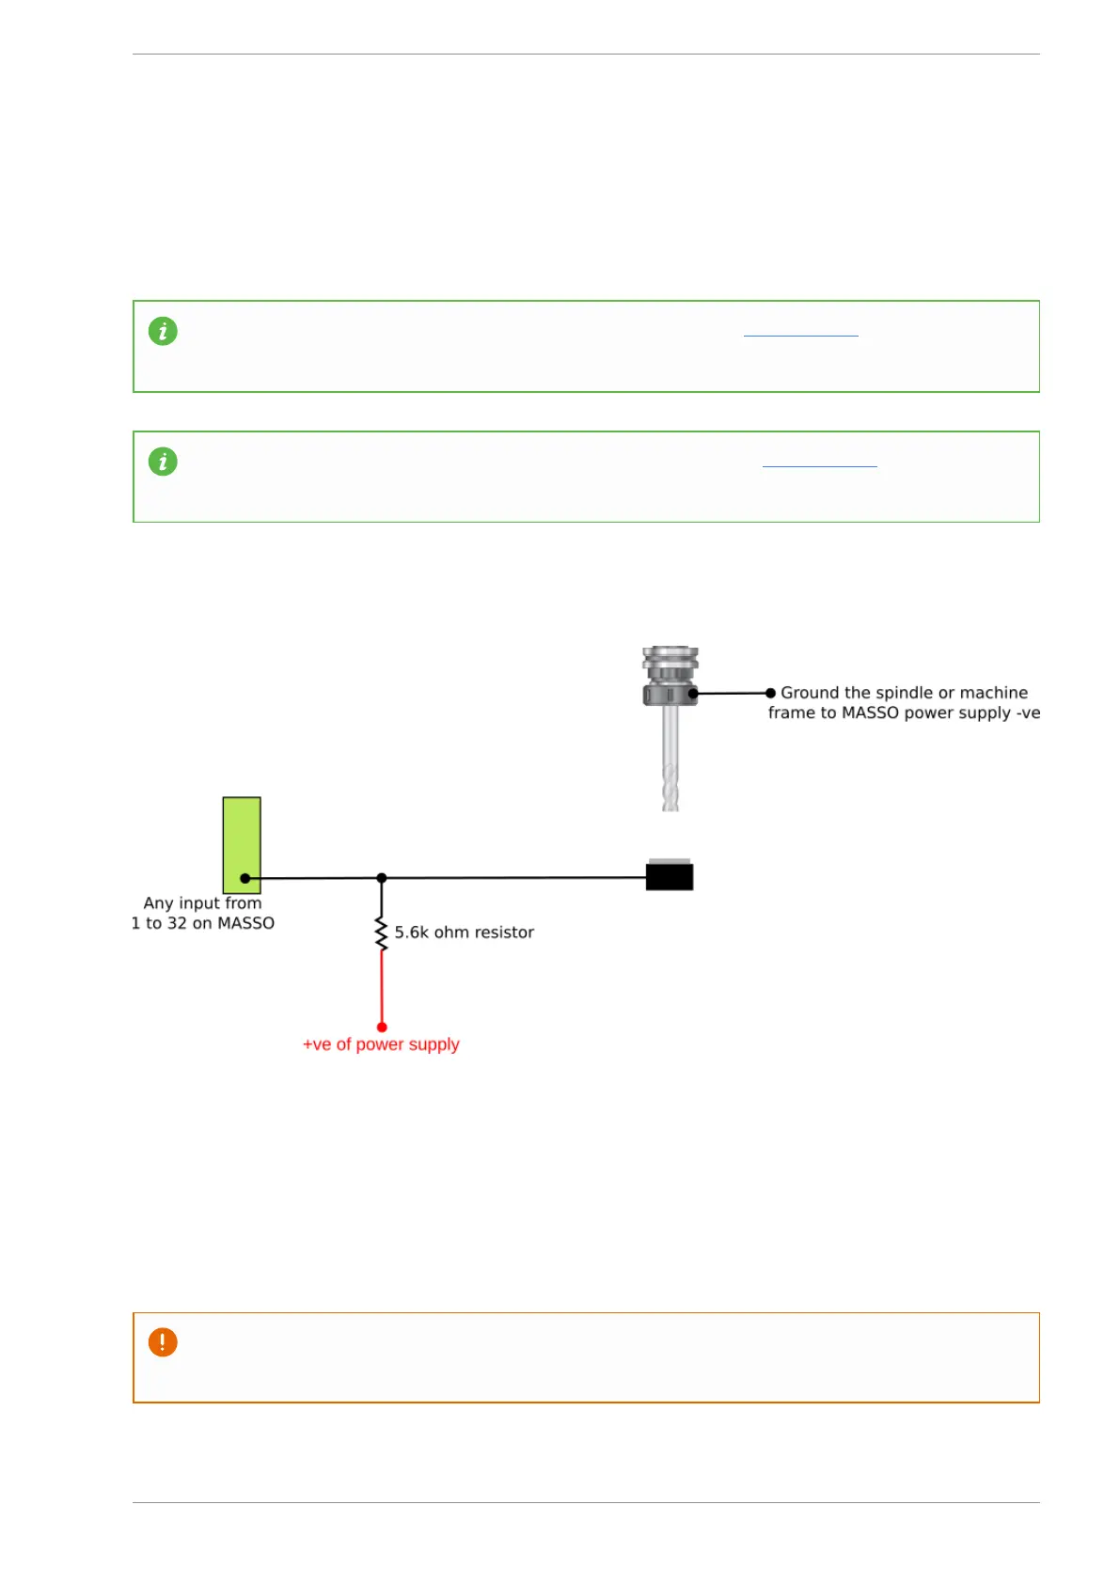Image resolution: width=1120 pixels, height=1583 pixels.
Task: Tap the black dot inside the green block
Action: (245, 878)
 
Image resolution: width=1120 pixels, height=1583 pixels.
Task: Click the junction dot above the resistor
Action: (382, 878)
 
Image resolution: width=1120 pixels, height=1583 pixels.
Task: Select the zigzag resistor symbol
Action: (382, 933)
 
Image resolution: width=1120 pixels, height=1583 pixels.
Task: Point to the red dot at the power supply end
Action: (382, 1027)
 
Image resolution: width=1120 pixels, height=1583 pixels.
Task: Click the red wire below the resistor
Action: (382, 987)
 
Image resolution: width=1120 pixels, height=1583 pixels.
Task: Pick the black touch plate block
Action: (670, 876)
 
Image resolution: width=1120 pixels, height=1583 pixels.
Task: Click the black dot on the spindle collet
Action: (693, 694)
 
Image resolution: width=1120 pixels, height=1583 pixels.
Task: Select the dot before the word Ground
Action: (771, 693)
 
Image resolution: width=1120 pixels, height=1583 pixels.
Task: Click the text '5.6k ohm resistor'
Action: (464, 933)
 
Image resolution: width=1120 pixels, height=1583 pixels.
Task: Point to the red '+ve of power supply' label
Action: (381, 1044)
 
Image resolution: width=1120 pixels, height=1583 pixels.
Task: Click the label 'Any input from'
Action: (202, 903)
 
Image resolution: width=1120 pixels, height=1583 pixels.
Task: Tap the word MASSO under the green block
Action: (246, 923)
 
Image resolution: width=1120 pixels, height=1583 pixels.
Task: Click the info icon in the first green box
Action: (163, 331)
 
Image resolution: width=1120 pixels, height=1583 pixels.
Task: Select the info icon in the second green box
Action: (163, 462)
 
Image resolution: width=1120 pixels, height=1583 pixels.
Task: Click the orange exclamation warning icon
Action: (163, 1342)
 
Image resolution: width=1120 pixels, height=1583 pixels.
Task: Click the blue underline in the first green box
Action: (800, 335)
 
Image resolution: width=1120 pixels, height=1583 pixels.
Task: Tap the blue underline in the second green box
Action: (819, 465)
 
